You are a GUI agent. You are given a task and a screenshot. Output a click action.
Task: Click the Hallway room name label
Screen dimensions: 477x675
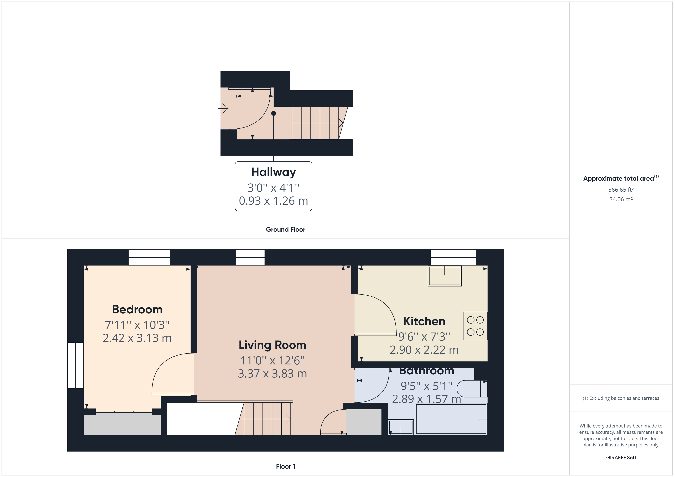[x=273, y=172]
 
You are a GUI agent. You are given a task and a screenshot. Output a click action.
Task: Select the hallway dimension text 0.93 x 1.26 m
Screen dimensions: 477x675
[x=273, y=201]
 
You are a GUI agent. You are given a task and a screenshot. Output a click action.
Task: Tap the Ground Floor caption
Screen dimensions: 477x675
[x=285, y=229]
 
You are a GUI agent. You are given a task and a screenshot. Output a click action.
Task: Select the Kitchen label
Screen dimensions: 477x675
[x=424, y=321]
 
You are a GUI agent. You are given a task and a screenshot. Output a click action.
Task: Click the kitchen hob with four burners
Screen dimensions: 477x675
[x=475, y=326]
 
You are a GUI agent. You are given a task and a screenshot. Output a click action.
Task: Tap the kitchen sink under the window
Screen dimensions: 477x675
[x=444, y=276]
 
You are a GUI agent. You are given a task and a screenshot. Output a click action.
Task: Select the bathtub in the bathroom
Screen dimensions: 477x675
[x=451, y=419]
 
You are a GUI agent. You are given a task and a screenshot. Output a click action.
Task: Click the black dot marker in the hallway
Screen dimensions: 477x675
[x=273, y=113]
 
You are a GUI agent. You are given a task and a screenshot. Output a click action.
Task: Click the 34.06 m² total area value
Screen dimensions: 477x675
[x=621, y=199]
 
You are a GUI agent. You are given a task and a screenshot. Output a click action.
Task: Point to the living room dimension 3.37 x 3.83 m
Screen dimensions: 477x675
[x=272, y=374]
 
